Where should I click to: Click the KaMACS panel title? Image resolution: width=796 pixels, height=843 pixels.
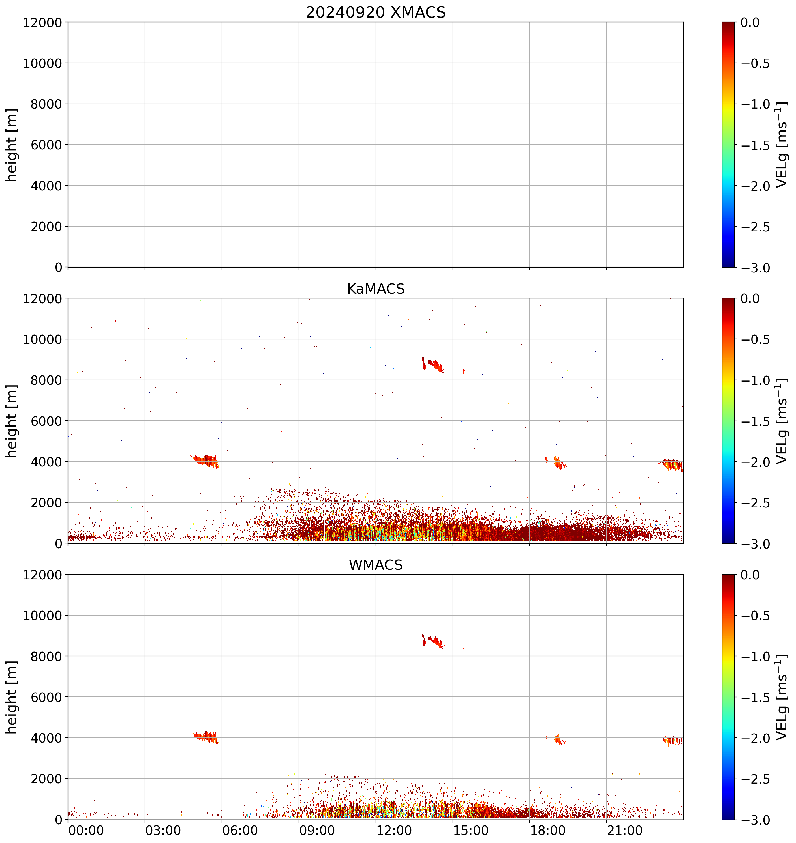[x=376, y=289]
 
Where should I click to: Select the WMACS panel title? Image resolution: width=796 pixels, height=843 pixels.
[x=376, y=565]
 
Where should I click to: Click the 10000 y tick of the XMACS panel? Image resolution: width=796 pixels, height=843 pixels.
[x=42, y=63]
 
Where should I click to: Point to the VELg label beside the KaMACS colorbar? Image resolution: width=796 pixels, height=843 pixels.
[x=781, y=421]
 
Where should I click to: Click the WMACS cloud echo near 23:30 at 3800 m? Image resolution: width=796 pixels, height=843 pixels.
[x=673, y=741]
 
